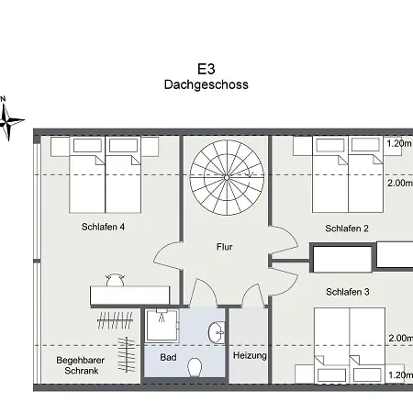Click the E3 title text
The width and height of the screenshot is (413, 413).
point(206,69)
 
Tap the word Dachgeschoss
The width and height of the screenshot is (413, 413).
point(206,84)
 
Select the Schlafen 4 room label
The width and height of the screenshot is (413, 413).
point(103,227)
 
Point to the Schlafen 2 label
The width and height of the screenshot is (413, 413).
point(347,229)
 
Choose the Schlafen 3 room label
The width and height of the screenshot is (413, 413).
point(348,292)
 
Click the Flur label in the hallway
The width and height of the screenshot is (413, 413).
point(225,247)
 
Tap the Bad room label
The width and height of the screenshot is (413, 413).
point(168,357)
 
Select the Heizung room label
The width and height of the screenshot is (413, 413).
point(250,356)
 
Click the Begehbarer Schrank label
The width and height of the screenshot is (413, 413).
point(81,365)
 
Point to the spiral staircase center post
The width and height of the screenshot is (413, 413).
point(227,177)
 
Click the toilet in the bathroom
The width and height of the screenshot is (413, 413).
point(195,367)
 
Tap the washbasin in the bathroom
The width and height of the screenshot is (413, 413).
point(217,332)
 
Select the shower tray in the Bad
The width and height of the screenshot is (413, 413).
point(162,326)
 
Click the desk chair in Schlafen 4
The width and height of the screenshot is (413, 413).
point(115,280)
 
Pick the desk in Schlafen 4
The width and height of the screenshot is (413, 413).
point(130,296)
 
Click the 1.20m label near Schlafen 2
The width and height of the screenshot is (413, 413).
point(399,143)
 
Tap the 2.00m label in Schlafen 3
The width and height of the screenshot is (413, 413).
point(401,338)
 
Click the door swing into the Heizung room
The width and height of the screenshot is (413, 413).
point(253,295)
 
